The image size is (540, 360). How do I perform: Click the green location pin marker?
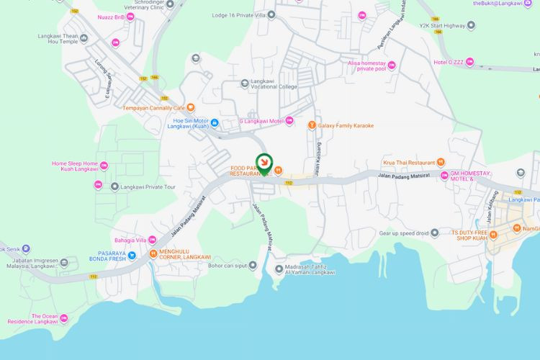pos(265,164)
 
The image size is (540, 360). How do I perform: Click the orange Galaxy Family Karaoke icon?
pos(312,125)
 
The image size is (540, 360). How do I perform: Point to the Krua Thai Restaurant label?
pos(409,163)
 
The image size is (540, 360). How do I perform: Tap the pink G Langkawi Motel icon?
pos(289,121)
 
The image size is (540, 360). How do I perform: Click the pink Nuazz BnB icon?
pos(131,16)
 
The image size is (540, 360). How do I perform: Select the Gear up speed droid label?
pos(404,233)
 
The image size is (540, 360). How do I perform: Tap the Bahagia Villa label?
pos(130,240)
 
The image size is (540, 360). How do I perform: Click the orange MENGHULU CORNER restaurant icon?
pos(153,253)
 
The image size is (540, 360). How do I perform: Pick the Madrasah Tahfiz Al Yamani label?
pos(310,269)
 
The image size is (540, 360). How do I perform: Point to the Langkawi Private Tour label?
pos(148,187)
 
